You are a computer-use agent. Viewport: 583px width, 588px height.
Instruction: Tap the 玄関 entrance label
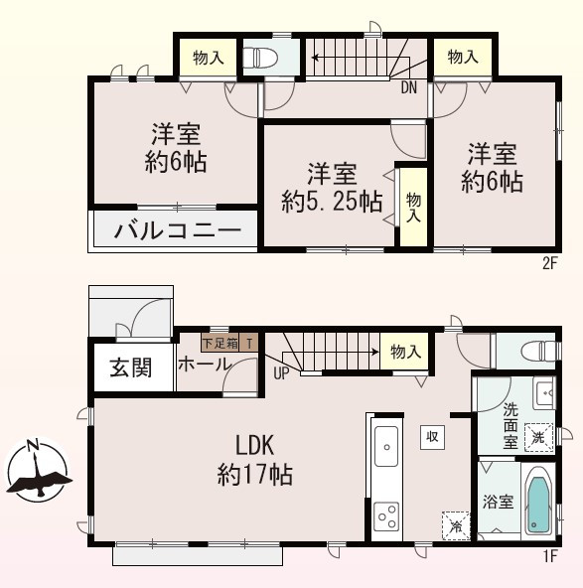[x=130, y=367]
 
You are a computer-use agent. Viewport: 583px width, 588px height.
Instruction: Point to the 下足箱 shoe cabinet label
[x=220, y=344]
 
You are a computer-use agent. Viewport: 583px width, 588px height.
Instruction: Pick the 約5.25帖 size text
[x=331, y=202]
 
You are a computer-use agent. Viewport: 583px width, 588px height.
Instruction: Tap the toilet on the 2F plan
[x=261, y=58]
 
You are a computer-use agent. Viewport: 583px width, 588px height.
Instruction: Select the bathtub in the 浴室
[x=537, y=501]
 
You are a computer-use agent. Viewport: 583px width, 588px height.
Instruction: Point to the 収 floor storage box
[x=432, y=437]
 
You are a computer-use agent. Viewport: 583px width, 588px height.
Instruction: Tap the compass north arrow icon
[x=37, y=473]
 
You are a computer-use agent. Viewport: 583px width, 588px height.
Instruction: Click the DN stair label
[x=408, y=87]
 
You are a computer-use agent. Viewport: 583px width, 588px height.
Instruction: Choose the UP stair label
[x=280, y=374]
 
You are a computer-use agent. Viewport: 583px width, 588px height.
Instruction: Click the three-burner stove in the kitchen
[x=385, y=515]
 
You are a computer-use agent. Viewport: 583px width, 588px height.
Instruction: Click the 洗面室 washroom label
[x=510, y=424]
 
